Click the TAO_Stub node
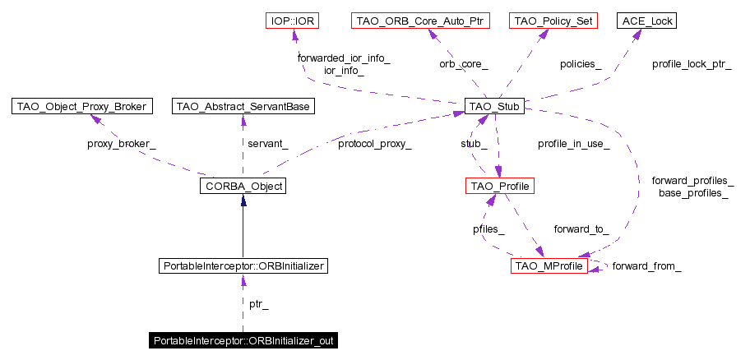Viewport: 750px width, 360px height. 494,106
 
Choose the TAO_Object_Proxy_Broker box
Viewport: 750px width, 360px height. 82,106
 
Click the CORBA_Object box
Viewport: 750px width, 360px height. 242,187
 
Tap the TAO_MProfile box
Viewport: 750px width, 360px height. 549,266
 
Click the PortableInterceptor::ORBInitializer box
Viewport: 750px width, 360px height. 243,266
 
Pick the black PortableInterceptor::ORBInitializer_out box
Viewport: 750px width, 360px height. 243,339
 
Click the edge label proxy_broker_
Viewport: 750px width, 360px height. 121,144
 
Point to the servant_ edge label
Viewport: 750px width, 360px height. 268,144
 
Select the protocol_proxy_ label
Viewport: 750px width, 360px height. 374,144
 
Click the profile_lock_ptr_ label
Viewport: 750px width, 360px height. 692,63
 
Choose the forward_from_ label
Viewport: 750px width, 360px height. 646,266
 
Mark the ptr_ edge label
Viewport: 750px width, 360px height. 258,304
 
